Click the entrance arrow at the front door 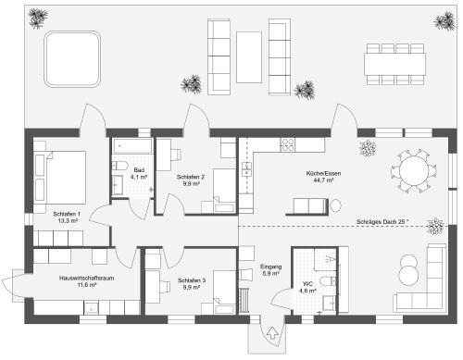272,333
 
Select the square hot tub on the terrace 72,59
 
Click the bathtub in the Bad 133,146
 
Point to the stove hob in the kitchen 288,144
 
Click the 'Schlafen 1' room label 67,214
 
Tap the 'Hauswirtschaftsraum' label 87,278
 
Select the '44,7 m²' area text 323,180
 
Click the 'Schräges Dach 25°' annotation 382,221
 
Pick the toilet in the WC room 328,281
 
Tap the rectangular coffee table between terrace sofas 249,57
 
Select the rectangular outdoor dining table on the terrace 394,64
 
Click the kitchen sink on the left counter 246,169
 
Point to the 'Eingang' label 271,267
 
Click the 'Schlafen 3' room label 192,280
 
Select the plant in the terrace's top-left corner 38,18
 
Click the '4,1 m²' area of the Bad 139,177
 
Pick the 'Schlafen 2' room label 191,177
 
